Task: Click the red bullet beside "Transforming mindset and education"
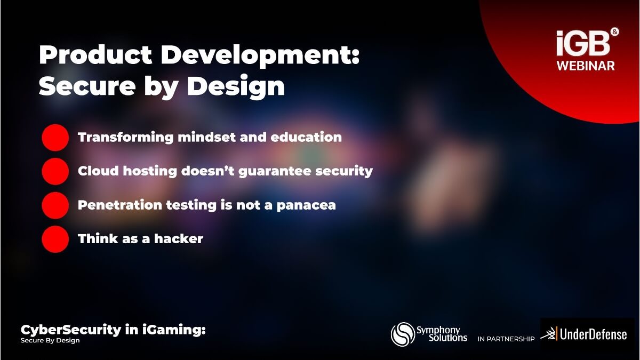pyautogui.click(x=55, y=138)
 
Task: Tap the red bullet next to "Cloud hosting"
pyautogui.click(x=55, y=171)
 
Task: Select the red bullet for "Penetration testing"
pyautogui.click(x=55, y=205)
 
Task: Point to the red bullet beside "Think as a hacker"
pyautogui.click(x=55, y=239)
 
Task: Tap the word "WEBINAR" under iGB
pyautogui.click(x=586, y=66)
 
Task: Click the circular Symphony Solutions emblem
pyautogui.click(x=403, y=334)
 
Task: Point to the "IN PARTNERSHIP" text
pyautogui.click(x=506, y=339)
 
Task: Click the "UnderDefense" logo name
pyautogui.click(x=593, y=334)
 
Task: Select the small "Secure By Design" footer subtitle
pyautogui.click(x=50, y=341)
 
